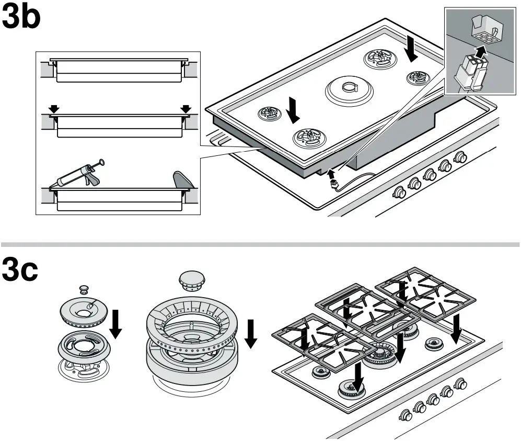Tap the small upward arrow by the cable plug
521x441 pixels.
tap(330, 174)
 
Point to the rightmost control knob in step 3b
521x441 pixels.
tap(460, 157)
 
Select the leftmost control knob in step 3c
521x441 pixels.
tap(404, 416)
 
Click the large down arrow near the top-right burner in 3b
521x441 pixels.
tap(413, 51)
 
